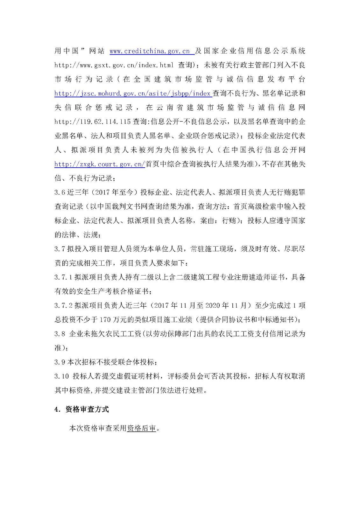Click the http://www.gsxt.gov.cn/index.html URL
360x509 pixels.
[114, 65]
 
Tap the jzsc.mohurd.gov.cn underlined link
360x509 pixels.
[132, 94]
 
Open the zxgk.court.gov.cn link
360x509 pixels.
[100, 164]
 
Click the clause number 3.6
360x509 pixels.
[59, 192]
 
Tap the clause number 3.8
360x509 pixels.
[60, 334]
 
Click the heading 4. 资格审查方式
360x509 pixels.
[82, 409]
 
